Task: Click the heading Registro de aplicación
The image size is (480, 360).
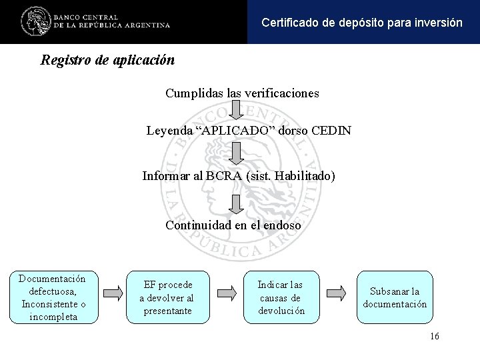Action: pos(107,60)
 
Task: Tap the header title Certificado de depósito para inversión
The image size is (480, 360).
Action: pos(361,22)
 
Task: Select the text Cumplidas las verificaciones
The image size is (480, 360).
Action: pos(242,93)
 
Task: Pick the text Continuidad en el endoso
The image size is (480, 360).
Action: pos(233,225)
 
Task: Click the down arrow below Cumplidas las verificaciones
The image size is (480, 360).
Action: pos(237,112)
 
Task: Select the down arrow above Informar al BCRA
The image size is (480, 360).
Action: pos(237,153)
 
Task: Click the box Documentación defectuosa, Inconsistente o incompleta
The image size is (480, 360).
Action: pos(53,297)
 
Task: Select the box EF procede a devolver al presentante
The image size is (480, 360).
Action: pos(167,297)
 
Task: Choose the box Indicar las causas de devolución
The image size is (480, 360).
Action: pos(281,297)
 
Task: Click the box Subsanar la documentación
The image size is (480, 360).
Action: pos(395,297)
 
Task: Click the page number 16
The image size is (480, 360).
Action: pos(435,336)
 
